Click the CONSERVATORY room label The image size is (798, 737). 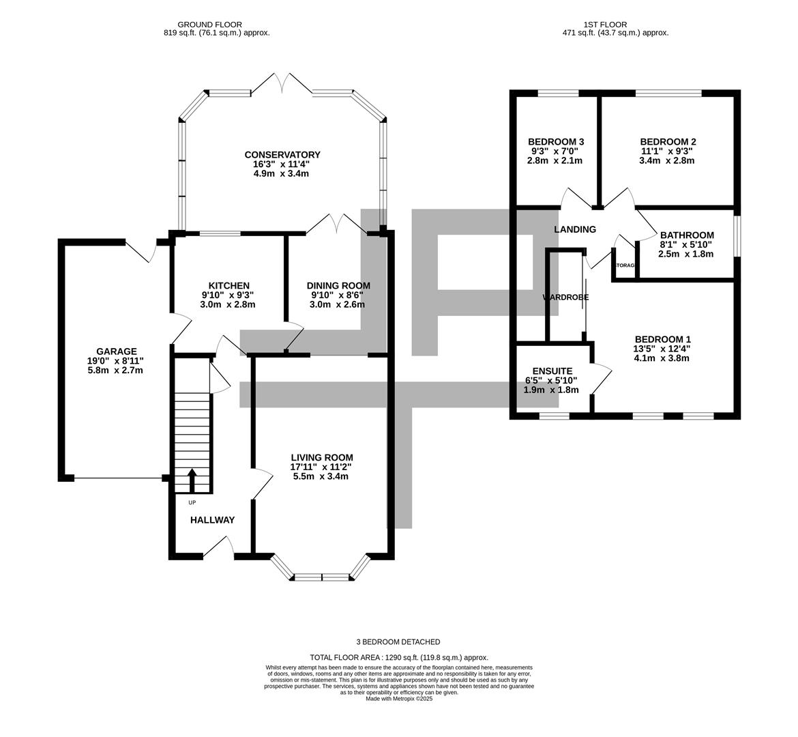(x=282, y=155)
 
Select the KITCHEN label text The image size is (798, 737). (x=228, y=285)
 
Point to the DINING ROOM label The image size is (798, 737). (x=338, y=285)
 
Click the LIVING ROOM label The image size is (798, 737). (x=322, y=457)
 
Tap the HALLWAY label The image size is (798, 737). (x=212, y=520)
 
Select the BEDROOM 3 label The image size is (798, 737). (x=556, y=142)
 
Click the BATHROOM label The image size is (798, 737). (x=687, y=235)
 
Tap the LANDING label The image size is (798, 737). (x=575, y=229)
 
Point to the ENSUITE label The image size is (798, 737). (x=552, y=371)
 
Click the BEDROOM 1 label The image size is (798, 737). (x=662, y=339)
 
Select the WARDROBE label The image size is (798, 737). (x=565, y=298)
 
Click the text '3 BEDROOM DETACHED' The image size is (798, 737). (x=398, y=641)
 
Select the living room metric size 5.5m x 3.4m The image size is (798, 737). (x=322, y=476)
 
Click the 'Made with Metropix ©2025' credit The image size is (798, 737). (x=399, y=699)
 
